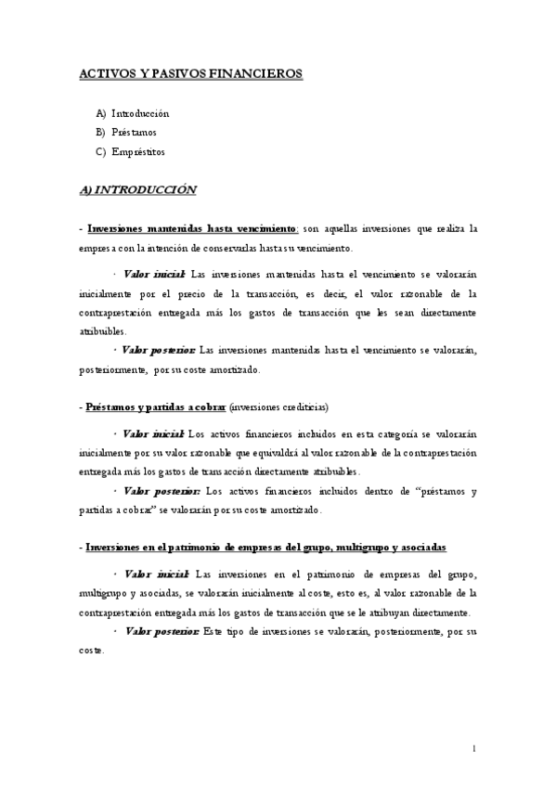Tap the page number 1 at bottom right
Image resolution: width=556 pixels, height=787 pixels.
pyautogui.click(x=474, y=748)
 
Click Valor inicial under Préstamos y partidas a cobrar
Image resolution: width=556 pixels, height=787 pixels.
pyautogui.click(x=155, y=433)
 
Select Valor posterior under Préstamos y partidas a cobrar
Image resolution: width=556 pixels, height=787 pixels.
pyautogui.click(x=162, y=491)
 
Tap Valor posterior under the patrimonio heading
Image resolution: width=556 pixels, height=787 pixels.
pyautogui.click(x=162, y=631)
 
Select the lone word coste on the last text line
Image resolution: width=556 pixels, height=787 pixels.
pyautogui.click(x=92, y=651)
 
